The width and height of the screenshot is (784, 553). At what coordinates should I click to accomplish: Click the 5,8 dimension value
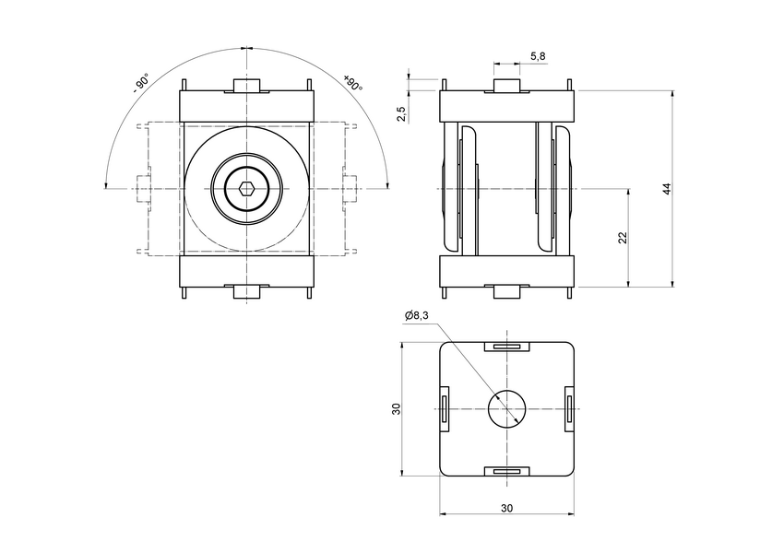(538, 56)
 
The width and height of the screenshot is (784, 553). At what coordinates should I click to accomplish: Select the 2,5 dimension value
(400, 113)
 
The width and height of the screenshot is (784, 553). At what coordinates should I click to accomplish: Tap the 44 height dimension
(666, 189)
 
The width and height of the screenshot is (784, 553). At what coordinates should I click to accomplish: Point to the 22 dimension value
(623, 237)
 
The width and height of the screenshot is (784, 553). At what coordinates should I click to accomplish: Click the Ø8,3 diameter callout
(417, 315)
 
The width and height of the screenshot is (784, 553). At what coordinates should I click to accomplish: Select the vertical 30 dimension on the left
(396, 408)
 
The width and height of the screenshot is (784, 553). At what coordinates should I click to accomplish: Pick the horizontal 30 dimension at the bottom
(506, 508)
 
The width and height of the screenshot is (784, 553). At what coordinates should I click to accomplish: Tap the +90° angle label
(353, 83)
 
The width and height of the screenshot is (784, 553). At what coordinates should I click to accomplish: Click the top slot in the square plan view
(506, 347)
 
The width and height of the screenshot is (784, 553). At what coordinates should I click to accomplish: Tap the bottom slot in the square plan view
(506, 471)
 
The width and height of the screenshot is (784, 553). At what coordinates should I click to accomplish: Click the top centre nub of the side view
(506, 87)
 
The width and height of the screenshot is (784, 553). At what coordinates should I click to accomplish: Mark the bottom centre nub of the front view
(247, 291)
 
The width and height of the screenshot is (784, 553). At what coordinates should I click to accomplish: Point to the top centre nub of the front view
(247, 87)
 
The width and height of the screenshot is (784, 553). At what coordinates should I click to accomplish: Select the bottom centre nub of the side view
(506, 291)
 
